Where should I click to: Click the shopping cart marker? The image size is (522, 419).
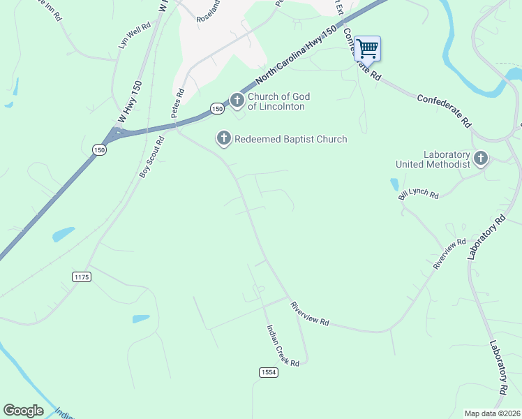(367, 49)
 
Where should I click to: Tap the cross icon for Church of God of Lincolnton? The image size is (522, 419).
(237, 101)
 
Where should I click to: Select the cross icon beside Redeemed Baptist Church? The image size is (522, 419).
(223, 139)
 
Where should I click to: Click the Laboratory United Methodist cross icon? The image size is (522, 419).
(481, 159)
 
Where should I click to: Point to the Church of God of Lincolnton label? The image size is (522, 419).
(279, 101)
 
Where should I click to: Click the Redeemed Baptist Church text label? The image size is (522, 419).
(290, 139)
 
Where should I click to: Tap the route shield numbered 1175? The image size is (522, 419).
(82, 277)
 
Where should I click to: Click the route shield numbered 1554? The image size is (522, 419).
(269, 372)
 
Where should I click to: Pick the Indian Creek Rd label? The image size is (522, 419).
(282, 346)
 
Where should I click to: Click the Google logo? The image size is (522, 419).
(23, 411)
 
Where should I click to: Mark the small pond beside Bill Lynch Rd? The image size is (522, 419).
(395, 184)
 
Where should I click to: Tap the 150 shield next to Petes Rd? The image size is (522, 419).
(217, 109)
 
